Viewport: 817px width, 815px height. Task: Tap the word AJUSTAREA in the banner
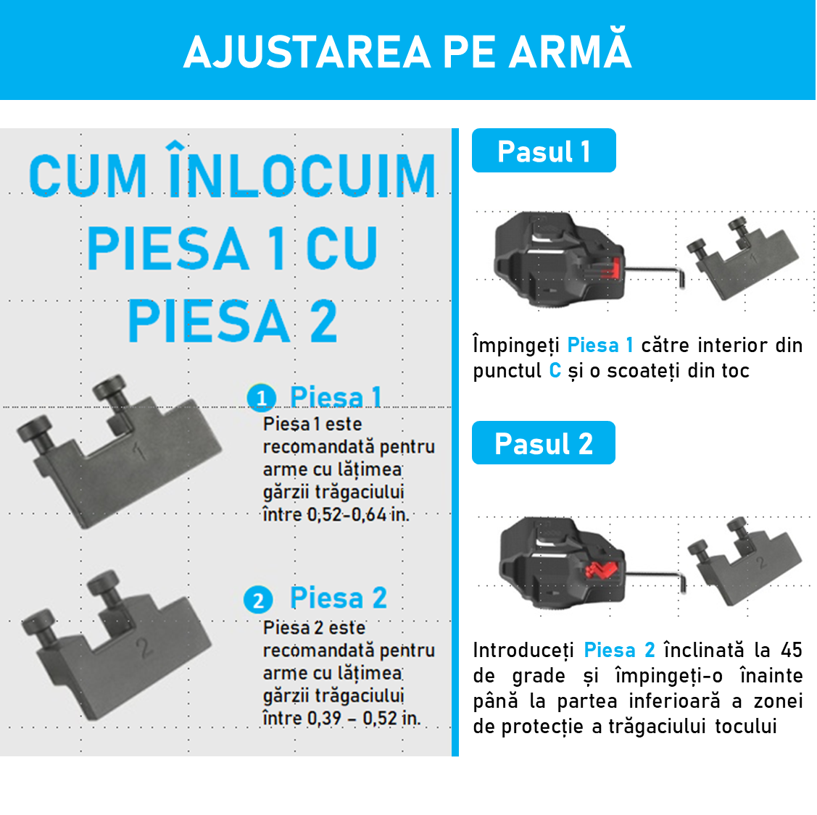[x=307, y=53]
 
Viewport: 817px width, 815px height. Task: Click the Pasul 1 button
[x=544, y=151]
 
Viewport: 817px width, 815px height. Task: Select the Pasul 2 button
[x=544, y=443]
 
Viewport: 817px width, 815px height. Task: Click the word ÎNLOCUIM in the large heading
[x=302, y=171]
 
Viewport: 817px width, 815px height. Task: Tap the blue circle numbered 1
[x=261, y=398]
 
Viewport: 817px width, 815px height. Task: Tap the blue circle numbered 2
[x=258, y=600]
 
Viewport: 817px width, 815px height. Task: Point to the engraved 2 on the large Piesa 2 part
[x=144, y=647]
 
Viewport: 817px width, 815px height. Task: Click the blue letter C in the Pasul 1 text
[x=555, y=371]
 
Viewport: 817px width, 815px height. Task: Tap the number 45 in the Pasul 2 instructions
[x=791, y=650]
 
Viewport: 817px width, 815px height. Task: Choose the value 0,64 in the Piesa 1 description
[x=369, y=515]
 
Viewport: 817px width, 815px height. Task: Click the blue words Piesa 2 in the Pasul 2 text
[x=619, y=651]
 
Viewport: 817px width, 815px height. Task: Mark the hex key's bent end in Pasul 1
[x=681, y=279]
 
